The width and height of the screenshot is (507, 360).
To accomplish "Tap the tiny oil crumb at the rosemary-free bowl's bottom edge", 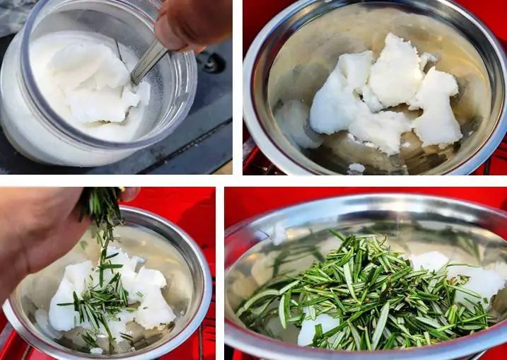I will tap(356, 168).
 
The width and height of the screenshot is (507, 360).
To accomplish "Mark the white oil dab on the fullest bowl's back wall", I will tap(279, 233).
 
